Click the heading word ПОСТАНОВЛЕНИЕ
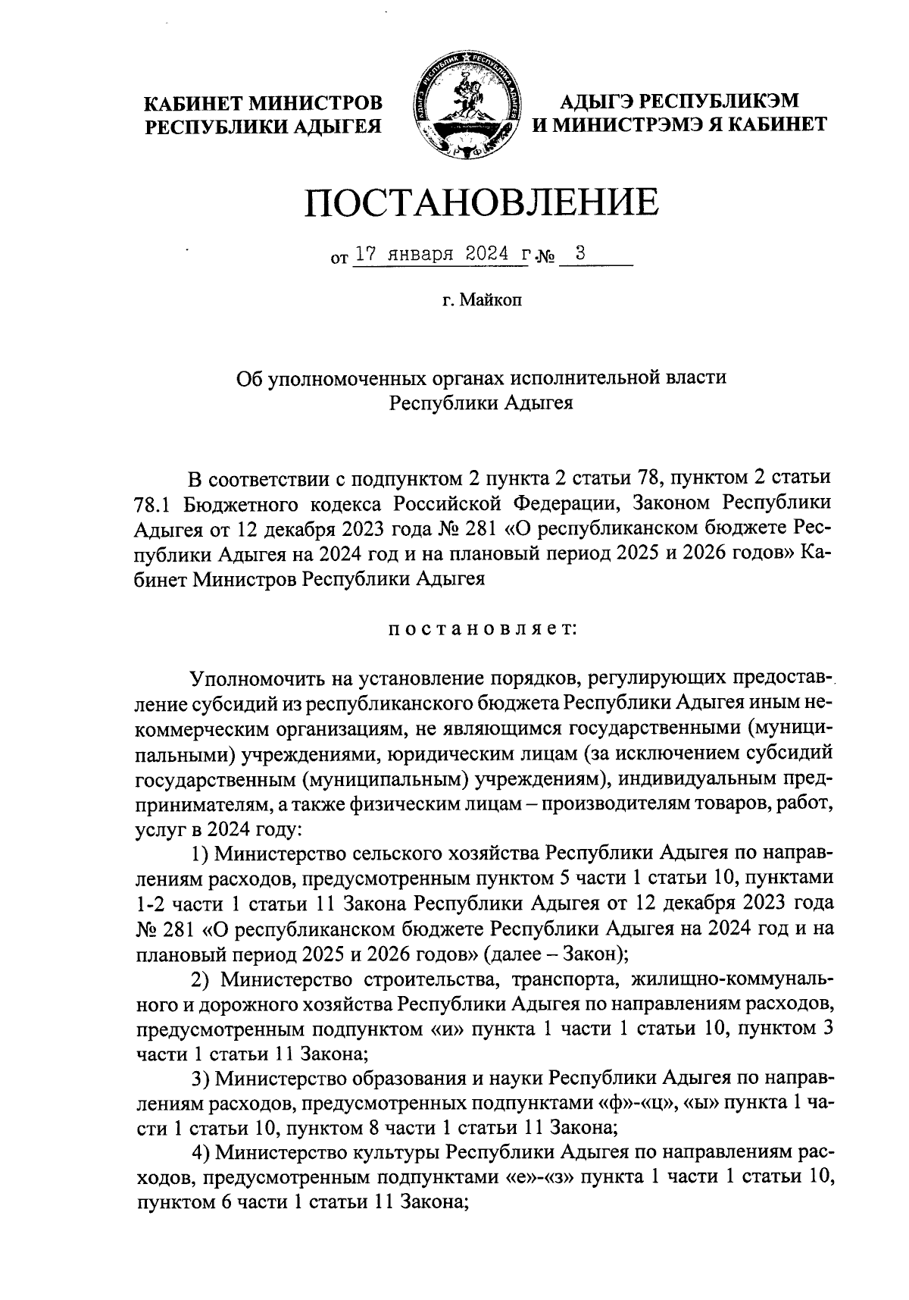[481, 202]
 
